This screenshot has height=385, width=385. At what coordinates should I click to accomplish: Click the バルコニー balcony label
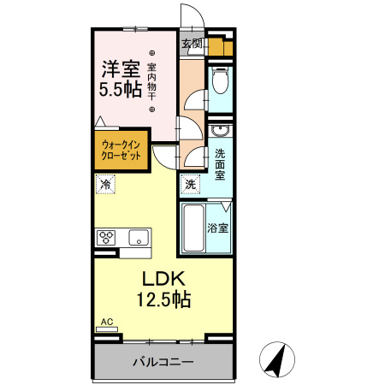[163, 361]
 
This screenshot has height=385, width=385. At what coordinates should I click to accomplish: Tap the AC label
[107, 322]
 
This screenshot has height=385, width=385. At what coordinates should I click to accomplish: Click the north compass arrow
[276, 358]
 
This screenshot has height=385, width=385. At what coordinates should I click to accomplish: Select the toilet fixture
[221, 82]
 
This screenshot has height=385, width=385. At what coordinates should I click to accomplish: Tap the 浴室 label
[219, 228]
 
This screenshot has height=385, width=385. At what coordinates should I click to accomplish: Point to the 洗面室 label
[221, 163]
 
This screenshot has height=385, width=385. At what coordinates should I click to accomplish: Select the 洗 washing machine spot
[190, 183]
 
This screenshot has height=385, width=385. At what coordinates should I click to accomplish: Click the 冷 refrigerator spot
[105, 183]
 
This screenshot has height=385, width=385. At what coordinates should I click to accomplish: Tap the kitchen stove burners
[107, 237]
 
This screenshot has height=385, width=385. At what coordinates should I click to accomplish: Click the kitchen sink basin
[138, 237]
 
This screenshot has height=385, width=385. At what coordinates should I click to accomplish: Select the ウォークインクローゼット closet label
[121, 151]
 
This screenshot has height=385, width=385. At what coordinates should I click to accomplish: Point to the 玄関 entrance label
[192, 43]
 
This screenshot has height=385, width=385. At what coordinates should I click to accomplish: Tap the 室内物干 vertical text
[151, 81]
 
